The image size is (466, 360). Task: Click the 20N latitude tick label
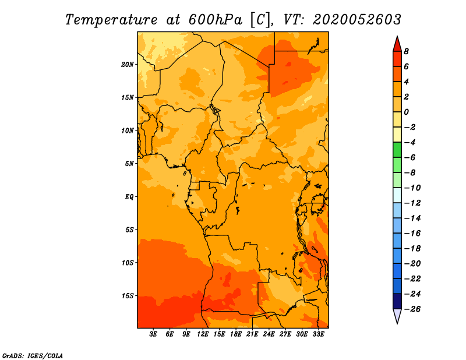[128, 65]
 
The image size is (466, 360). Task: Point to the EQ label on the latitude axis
[129, 197]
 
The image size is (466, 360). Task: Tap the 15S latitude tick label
[128, 296]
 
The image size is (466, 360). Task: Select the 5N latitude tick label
[129, 164]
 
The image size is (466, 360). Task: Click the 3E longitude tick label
[153, 334]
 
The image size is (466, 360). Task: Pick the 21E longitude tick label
[252, 334]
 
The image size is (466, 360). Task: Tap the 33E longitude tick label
[318, 334]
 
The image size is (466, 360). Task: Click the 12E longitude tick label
[203, 334]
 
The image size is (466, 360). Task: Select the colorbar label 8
[406, 51]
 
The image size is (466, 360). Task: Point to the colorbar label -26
[412, 309]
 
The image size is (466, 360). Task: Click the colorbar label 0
[406, 112]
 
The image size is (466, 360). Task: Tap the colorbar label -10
[412, 188]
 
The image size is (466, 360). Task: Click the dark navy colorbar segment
[397, 301]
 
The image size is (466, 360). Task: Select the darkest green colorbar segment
[397, 150]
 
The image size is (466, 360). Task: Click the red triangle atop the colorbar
[397, 44]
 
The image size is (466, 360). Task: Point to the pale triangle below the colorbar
[397, 316]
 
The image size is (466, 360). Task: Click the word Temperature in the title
[111, 20]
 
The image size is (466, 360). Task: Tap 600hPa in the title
[216, 20]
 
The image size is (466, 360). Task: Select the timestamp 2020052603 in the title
[357, 20]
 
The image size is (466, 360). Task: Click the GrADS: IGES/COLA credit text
[33, 356]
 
